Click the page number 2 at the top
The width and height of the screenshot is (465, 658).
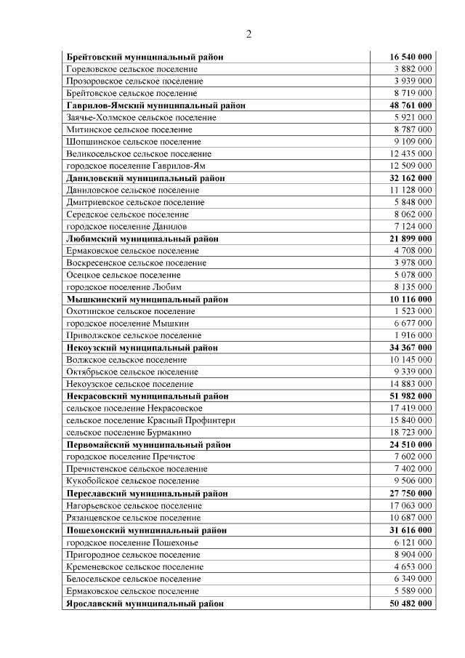248,34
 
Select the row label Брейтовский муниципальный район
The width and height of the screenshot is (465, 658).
145,57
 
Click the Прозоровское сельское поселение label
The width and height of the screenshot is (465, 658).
134,81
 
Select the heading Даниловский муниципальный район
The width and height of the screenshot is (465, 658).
145,178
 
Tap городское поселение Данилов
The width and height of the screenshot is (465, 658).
126,227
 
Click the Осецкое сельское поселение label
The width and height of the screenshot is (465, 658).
124,275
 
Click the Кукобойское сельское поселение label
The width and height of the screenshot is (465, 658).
132,481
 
